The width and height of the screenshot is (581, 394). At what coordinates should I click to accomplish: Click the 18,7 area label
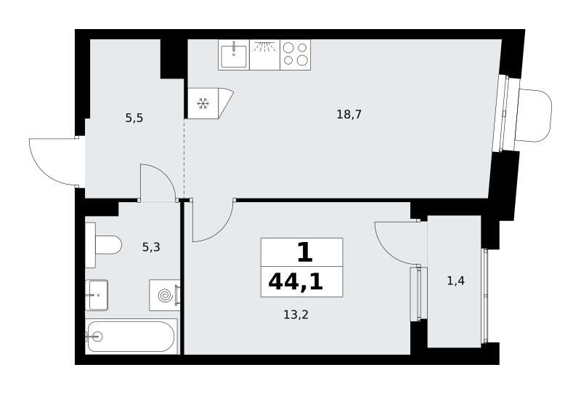[349, 115]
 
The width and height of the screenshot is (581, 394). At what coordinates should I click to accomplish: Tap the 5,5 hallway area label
[134, 118]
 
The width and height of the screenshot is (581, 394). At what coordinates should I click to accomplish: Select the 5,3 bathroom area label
[151, 246]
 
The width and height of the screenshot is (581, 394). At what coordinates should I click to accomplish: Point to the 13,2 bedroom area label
[296, 315]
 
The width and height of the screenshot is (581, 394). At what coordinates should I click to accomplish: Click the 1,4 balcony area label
[456, 281]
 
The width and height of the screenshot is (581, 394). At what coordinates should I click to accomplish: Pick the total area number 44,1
[296, 282]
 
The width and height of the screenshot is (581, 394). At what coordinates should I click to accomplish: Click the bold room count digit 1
[304, 252]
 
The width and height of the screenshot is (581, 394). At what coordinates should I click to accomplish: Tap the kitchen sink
[234, 55]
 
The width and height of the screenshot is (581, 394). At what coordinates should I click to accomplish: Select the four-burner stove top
[296, 55]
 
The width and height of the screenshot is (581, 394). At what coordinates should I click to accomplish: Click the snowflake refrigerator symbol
[203, 103]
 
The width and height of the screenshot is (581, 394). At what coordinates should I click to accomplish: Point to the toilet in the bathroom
[103, 245]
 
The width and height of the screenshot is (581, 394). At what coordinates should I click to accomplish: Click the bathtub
[131, 337]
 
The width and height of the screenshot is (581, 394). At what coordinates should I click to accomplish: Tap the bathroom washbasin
[97, 295]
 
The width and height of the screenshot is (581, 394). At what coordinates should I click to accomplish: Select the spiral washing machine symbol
[165, 295]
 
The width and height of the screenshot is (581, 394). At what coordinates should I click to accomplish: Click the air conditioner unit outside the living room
[534, 116]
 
